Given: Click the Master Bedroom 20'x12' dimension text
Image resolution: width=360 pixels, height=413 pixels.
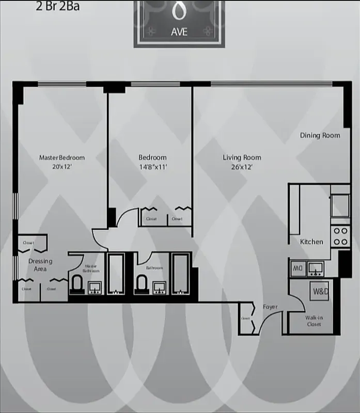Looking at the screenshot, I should pos(62,167).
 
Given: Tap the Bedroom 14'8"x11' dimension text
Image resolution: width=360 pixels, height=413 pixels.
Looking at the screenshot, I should pos(152,167).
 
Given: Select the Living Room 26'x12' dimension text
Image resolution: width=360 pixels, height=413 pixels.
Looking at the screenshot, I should pos(242,167).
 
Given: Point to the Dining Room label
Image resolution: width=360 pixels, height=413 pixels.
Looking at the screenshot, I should pos(320,135).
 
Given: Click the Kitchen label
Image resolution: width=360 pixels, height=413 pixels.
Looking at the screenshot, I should pos(312,242).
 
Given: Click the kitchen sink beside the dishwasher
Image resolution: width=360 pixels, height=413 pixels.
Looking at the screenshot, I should pos(315,267).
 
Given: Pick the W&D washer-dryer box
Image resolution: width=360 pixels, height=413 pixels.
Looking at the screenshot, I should pos(319,291).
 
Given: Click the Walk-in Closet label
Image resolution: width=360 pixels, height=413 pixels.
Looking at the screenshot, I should pos(314,321).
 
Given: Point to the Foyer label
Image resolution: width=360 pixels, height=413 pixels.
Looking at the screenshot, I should pos(270,307).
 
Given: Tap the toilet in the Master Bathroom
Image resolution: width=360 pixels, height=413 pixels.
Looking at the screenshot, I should pos(77,283).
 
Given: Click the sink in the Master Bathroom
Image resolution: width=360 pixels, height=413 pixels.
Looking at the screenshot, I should pos(95,287).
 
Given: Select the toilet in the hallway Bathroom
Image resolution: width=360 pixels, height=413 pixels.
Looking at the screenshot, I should pos(142,283).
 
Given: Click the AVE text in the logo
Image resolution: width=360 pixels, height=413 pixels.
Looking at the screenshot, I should pos(179,31).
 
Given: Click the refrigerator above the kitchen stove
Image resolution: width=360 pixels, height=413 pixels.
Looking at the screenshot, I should pos(340,205).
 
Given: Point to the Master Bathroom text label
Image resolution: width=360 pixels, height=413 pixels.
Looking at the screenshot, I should pos(92,268).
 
